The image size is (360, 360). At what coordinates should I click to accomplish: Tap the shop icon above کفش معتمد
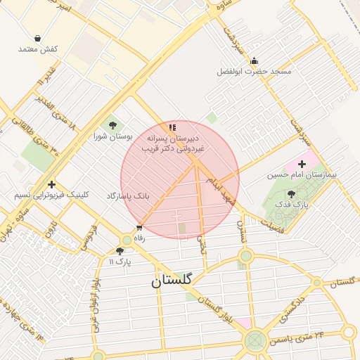tap(37, 38)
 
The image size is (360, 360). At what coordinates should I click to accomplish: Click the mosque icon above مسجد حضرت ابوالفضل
tap(254, 60)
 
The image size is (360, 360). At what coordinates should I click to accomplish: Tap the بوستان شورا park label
tap(113, 136)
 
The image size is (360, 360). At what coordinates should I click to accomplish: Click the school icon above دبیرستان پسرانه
tap(172, 127)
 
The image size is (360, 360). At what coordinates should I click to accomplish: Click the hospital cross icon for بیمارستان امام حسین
tap(302, 163)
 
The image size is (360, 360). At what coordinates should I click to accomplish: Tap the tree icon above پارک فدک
tap(291, 193)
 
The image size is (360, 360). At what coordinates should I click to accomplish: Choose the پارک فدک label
tap(292, 204)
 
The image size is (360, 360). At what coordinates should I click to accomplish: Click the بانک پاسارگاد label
tap(128, 195)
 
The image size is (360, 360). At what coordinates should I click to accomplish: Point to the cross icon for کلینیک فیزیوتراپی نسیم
tap(51, 184)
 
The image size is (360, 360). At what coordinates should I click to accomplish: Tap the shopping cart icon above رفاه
tap(139, 227)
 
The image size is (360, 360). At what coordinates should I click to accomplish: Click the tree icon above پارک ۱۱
tap(120, 250)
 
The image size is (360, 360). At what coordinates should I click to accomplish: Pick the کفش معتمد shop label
tap(37, 49)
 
